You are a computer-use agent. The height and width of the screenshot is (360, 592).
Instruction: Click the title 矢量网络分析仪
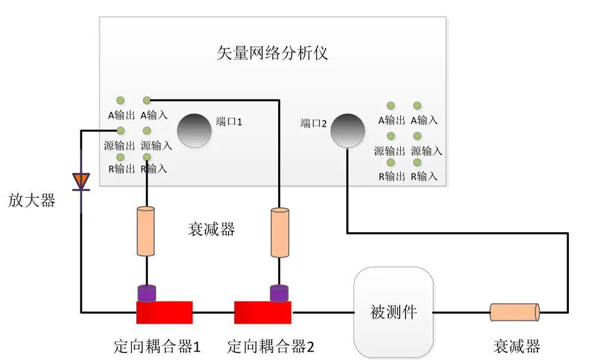[272, 53]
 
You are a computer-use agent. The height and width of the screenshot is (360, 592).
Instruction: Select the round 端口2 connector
[348, 131]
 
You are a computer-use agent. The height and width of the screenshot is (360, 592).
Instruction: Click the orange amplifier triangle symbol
[81, 181]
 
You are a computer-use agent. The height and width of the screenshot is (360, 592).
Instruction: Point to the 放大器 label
[31, 201]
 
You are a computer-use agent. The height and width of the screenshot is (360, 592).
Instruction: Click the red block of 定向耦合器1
[165, 313]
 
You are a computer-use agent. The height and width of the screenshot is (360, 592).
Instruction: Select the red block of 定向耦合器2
[263, 313]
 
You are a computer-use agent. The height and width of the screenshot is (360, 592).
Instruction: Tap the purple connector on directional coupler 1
[146, 292]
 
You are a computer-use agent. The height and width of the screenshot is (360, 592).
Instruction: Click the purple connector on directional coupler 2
[279, 292]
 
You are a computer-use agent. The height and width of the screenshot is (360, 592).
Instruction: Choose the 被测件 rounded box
[394, 312]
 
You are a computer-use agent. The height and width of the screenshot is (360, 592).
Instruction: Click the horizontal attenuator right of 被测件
[514, 312]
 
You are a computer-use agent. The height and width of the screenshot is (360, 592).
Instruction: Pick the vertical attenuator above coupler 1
[146, 231]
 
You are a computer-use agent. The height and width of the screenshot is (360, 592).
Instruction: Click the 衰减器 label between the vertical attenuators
[211, 230]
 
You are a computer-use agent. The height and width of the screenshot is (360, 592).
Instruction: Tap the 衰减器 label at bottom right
[516, 346]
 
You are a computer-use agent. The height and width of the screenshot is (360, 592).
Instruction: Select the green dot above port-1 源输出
[120, 131]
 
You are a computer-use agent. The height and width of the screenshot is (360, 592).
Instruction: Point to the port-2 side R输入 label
[424, 176]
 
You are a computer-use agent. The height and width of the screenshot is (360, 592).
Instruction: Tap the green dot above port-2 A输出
[391, 106]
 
